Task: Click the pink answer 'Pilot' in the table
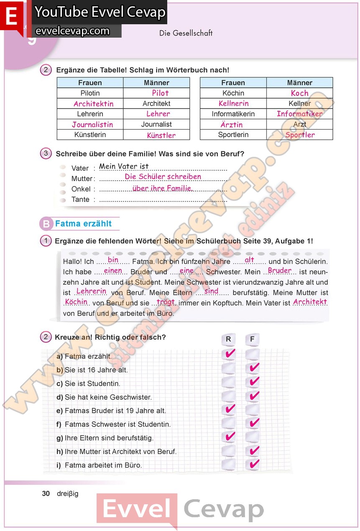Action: tap(160, 93)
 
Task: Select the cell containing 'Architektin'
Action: tap(93, 104)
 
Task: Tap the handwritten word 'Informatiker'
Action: tap(299, 114)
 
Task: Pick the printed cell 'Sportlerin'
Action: tap(233, 135)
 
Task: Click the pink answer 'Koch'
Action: tap(299, 93)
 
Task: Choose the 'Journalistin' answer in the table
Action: tap(92, 125)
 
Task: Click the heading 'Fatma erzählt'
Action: tap(83, 224)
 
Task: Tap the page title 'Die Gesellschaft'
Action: tap(186, 33)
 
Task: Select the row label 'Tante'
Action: tap(80, 199)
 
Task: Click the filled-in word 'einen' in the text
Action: tap(113, 271)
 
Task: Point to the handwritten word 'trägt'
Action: tap(166, 302)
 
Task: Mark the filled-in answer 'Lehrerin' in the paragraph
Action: tap(91, 291)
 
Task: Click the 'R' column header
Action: tap(228, 339)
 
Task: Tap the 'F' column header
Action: tap(252, 339)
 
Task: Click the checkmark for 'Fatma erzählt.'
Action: tap(230, 354)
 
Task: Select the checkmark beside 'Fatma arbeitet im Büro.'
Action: tap(253, 464)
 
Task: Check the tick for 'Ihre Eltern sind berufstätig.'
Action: tap(230, 437)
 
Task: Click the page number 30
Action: tap(46, 493)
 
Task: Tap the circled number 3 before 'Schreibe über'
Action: tap(46, 153)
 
